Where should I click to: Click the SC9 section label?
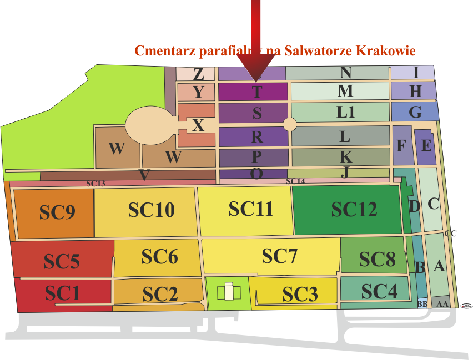tap(57, 212)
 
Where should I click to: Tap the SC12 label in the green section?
tap(354, 209)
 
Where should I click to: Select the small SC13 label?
tap(95, 183)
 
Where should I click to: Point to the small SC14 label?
tap(295, 181)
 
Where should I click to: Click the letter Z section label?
tap(198, 74)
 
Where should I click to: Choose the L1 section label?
tap(346, 112)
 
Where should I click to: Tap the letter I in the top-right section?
tap(416, 73)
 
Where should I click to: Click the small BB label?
tap(422, 304)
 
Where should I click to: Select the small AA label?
tap(442, 304)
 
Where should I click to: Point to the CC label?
tap(450, 234)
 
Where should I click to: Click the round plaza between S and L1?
tap(290, 124)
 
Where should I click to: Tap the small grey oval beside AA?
tap(466, 305)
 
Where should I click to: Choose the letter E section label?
tap(426, 146)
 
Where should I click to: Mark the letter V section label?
tap(144, 175)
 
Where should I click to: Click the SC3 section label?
tap(300, 294)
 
